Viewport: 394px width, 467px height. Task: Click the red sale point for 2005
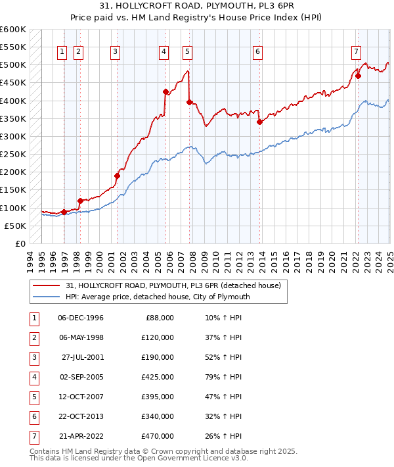tap(165, 92)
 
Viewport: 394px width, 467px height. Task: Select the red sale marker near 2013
tap(259, 122)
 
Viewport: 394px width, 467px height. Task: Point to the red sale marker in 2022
tap(358, 76)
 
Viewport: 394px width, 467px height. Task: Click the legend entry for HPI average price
tap(158, 297)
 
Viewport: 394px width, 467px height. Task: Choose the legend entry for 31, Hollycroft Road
tap(173, 285)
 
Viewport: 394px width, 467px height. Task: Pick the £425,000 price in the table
tap(157, 377)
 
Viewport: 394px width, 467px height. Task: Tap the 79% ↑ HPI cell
tap(223, 377)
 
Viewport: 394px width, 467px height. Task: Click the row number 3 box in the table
tap(33, 357)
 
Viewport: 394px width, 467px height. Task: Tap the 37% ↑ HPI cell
tap(223, 337)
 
